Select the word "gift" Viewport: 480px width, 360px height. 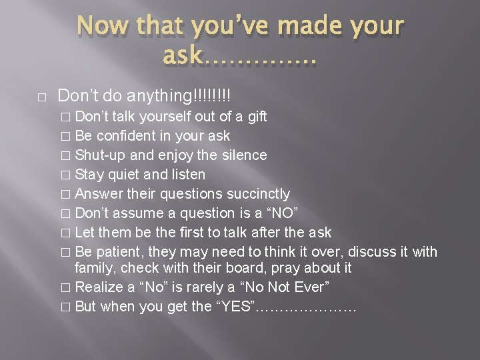point(256,117)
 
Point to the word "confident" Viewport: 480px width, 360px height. point(126,136)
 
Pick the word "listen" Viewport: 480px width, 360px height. point(187,175)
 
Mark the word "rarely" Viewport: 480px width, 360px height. point(203,287)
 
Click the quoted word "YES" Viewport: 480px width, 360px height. point(232,307)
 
